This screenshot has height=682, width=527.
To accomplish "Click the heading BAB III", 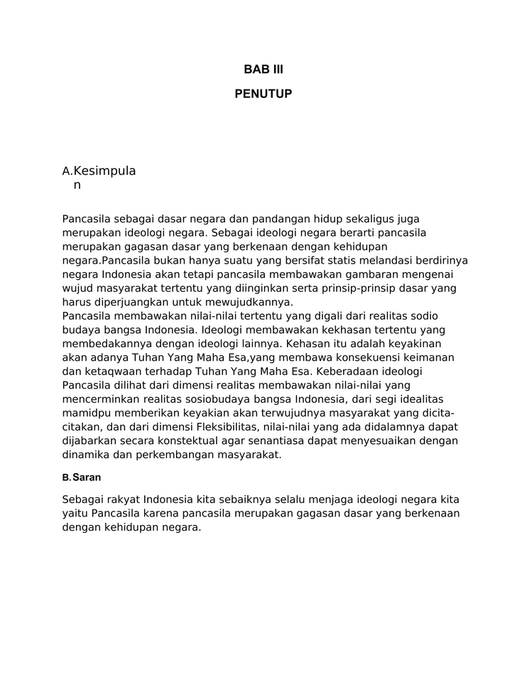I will [x=263, y=70].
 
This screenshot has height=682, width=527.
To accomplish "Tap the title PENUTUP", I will [x=263, y=94].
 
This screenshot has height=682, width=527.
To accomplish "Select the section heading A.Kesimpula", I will [x=99, y=171].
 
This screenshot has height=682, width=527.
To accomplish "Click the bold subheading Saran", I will [x=87, y=477].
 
